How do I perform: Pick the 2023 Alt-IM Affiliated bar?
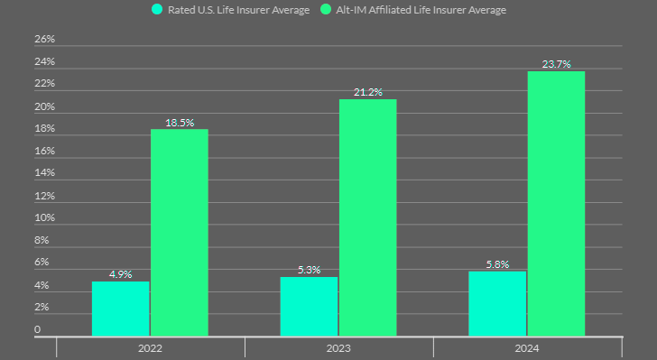pyautogui.click(x=367, y=217)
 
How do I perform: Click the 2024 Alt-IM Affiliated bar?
pyautogui.click(x=556, y=204)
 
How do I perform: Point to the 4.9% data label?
pyautogui.click(x=121, y=274)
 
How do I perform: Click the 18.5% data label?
pyautogui.click(x=179, y=123)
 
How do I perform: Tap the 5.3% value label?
pyautogui.click(x=309, y=270)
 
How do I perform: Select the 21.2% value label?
pyautogui.click(x=367, y=92)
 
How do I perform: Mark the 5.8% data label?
pyautogui.click(x=497, y=264)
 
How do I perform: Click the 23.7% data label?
pyautogui.click(x=556, y=64)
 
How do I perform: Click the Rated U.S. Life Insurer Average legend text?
pyautogui.click(x=238, y=10)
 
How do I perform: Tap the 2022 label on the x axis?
pyautogui.click(x=150, y=347)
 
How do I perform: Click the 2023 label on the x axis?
pyautogui.click(x=338, y=347)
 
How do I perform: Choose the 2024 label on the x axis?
pyautogui.click(x=527, y=347)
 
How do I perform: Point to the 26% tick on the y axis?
pyautogui.click(x=44, y=40)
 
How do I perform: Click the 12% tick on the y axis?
pyautogui.click(x=44, y=196)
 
